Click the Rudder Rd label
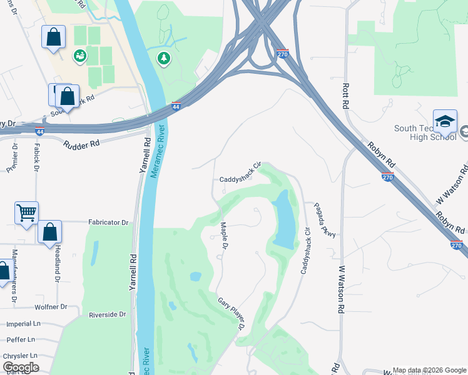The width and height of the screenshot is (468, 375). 81,144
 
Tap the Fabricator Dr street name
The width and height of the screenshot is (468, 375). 108,222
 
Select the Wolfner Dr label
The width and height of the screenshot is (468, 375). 51,307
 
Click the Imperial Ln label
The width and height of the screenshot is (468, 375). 23,324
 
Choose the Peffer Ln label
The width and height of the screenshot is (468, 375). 22,340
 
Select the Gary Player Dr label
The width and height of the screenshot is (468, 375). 230,314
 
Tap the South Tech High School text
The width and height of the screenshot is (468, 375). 422,134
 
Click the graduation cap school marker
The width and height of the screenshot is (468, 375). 445,121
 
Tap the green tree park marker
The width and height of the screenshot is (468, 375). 164,57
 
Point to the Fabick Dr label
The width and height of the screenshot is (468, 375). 36,157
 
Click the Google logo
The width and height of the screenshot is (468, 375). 21,367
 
